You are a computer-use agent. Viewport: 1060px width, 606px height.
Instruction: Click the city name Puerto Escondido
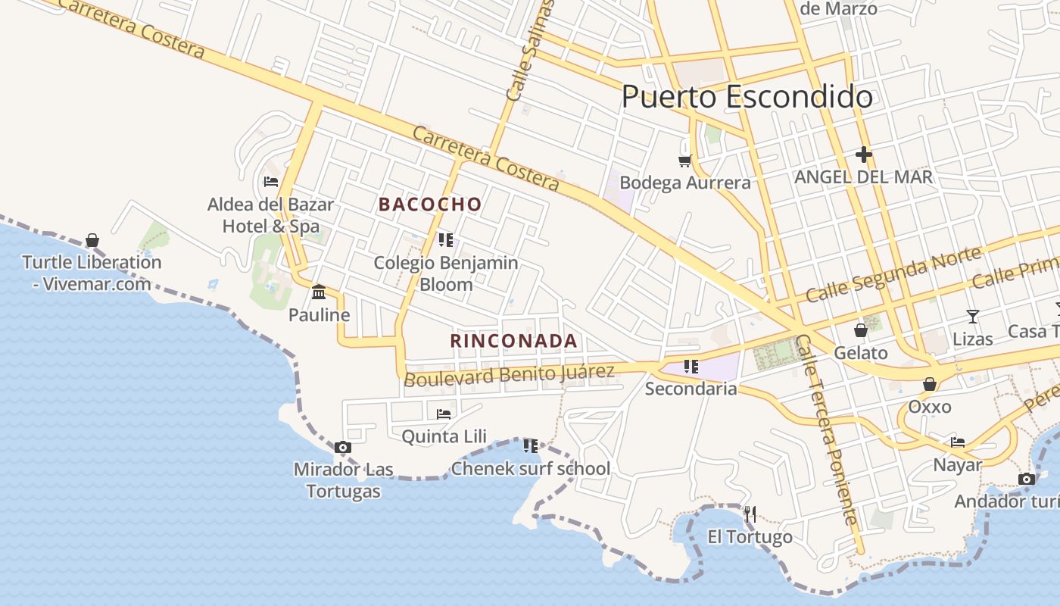click(747, 97)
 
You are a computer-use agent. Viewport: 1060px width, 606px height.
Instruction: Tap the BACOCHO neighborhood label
click(430, 205)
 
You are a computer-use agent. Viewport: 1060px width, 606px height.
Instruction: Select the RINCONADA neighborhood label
click(514, 341)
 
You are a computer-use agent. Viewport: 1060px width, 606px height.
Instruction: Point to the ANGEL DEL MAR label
click(863, 177)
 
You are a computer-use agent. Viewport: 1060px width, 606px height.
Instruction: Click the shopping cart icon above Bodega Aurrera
click(684, 161)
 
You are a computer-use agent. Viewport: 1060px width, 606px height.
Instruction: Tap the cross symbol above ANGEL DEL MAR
click(863, 155)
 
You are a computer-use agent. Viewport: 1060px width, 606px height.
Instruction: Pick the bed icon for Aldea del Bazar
click(270, 182)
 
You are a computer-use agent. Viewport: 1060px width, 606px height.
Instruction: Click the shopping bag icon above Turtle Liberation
click(92, 241)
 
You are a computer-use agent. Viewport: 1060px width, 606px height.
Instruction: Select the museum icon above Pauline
click(319, 292)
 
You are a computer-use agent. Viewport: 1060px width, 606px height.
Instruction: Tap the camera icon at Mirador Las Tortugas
click(343, 448)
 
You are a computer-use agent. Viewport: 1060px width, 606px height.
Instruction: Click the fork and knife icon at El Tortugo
click(750, 514)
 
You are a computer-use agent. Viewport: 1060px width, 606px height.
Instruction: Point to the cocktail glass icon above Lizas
click(973, 316)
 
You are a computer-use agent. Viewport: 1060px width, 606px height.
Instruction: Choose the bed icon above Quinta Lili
click(444, 414)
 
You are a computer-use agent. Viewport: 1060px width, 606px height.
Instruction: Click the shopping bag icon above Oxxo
click(929, 385)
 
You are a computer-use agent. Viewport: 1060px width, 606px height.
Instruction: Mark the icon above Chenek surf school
click(530, 446)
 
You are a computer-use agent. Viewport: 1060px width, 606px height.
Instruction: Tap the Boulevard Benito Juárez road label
click(509, 374)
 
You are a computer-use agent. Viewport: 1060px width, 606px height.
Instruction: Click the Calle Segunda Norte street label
click(893, 274)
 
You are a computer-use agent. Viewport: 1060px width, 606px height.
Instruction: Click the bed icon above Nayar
click(958, 442)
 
